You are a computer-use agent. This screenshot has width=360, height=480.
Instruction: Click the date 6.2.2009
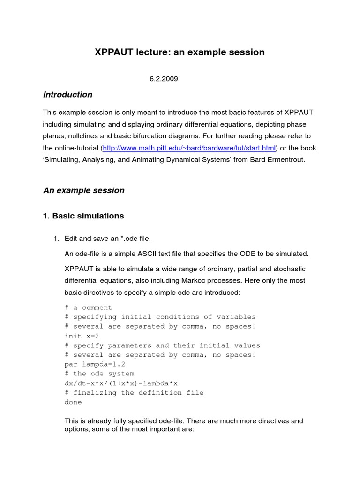[164, 79]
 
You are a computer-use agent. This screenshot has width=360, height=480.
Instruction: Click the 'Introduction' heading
[67, 95]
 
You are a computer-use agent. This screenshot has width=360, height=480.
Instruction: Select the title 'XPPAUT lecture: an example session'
[180, 52]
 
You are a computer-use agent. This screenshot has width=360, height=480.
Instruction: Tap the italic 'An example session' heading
[84, 190]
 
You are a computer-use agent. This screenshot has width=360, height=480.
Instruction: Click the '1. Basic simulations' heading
[83, 216]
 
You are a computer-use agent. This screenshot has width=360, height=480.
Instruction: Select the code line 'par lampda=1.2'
[95, 364]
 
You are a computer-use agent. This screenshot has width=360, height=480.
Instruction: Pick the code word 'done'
[73, 402]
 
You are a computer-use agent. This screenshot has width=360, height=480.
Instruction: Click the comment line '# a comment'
[88, 307]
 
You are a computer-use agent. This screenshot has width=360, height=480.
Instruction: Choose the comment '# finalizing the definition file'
[134, 392]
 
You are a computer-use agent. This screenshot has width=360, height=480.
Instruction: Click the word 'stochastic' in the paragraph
[288, 269]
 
